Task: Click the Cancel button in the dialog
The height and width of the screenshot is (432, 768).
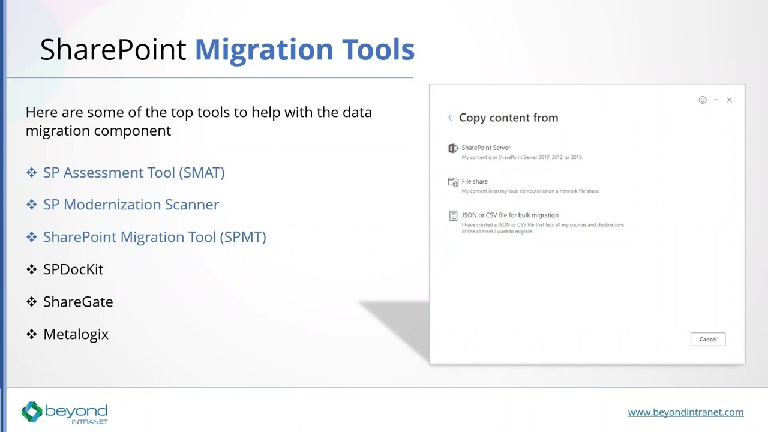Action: [x=707, y=340]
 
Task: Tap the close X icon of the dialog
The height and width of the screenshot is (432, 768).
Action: [x=729, y=100]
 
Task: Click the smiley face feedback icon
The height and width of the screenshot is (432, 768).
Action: [x=703, y=100]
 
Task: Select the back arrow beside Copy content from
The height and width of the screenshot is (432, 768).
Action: [x=450, y=118]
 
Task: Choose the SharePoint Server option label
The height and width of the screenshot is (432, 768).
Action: [x=485, y=148]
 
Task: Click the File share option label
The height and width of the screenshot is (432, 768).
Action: [x=475, y=181]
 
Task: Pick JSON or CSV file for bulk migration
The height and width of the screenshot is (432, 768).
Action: [x=509, y=215]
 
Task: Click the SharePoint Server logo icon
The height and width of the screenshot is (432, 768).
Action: [x=453, y=148]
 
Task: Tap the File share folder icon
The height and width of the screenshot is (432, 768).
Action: [x=453, y=182]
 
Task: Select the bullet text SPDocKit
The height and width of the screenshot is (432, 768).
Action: [x=73, y=269]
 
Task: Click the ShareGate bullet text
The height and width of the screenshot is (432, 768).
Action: [x=78, y=302]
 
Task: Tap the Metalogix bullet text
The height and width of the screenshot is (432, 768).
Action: [x=76, y=334]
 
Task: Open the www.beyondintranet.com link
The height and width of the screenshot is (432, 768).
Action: [x=685, y=412]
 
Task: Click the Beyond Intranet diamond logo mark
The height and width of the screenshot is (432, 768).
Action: [x=32, y=412]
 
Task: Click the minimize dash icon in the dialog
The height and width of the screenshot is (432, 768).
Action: [x=716, y=100]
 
